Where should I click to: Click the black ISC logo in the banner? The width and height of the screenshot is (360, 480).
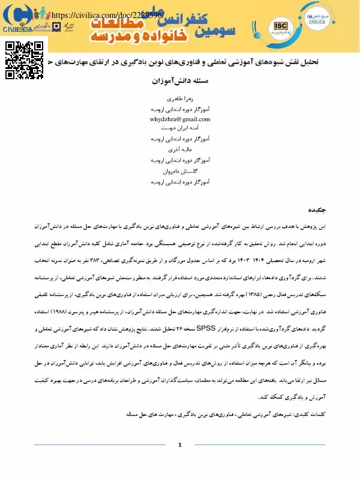pyautogui.click(x=280, y=25)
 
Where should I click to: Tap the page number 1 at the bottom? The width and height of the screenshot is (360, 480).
pyautogui.click(x=179, y=445)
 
